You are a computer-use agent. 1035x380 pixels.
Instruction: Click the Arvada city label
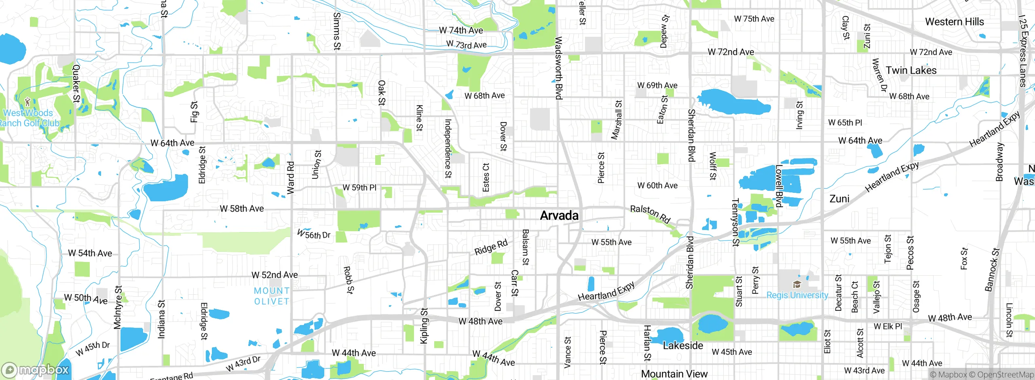(x=559, y=215)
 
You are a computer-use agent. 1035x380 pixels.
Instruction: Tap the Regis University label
(x=797, y=295)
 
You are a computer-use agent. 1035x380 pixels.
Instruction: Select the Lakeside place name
(x=683, y=346)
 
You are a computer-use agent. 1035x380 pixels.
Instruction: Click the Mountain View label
(x=674, y=374)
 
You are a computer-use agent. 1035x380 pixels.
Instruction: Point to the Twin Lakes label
(x=911, y=70)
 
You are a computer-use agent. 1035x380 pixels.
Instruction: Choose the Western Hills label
(x=954, y=22)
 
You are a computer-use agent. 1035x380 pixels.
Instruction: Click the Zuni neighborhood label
(x=839, y=199)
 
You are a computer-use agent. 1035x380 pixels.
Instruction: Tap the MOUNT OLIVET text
(x=272, y=296)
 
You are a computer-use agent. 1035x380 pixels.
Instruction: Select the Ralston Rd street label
(x=650, y=214)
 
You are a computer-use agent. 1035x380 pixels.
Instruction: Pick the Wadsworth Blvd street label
(x=558, y=68)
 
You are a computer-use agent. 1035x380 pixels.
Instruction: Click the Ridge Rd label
(x=490, y=247)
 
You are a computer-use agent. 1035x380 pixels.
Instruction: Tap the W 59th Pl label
(x=359, y=188)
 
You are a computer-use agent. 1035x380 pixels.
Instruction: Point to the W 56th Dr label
(x=313, y=234)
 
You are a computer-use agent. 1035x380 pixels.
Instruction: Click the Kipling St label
(x=424, y=326)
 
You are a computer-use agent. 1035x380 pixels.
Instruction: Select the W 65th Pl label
(x=845, y=122)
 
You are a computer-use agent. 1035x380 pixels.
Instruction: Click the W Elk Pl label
(x=887, y=326)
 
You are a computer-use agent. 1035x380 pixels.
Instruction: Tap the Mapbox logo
(x=36, y=369)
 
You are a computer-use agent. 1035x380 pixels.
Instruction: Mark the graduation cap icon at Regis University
(x=796, y=285)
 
